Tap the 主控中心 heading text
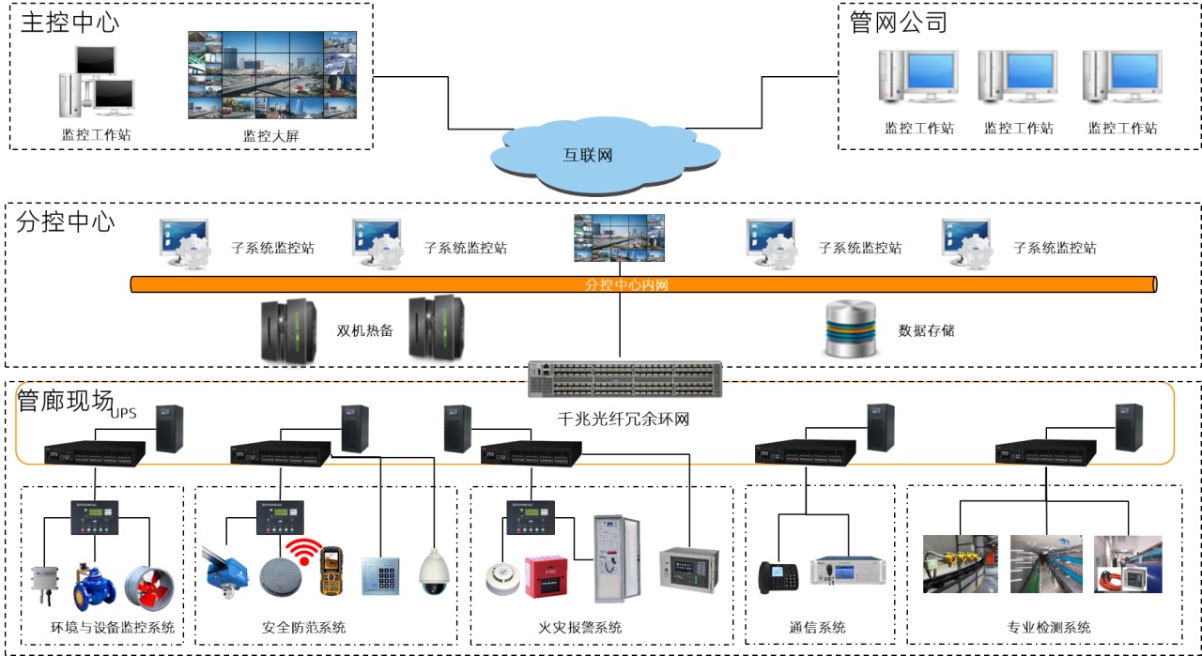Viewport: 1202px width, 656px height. pyautogui.click(x=70, y=23)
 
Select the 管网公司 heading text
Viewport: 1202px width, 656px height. pyautogui.click(x=899, y=23)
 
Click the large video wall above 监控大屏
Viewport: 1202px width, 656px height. pyautogui.click(x=272, y=75)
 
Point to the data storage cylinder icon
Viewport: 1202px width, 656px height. pyautogui.click(x=851, y=329)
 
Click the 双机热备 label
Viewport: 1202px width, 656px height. pyautogui.click(x=364, y=330)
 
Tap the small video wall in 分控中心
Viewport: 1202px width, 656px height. pyautogui.click(x=620, y=237)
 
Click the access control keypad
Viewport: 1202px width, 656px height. pyautogui.click(x=381, y=573)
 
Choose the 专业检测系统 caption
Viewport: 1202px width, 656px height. pyautogui.click(x=1049, y=628)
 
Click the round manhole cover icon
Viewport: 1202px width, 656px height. pyautogui.click(x=279, y=574)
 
